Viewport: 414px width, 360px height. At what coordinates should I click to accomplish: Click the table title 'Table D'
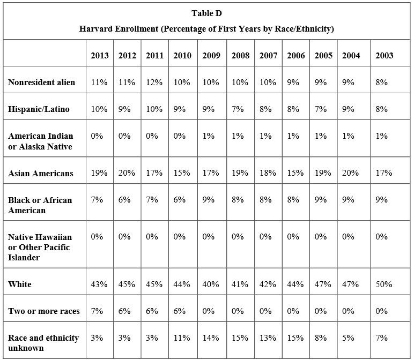pyautogui.click(x=206, y=13)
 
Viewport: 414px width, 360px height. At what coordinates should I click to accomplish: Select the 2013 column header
pyautogui.click(x=100, y=55)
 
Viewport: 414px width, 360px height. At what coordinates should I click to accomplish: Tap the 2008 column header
pyautogui.click(x=240, y=55)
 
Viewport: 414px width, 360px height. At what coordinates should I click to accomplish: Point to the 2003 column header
pyautogui.click(x=384, y=55)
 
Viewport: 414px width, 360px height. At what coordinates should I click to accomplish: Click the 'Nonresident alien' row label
pyautogui.click(x=41, y=82)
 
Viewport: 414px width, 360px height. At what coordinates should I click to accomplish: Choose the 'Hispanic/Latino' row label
pyautogui.click(x=39, y=109)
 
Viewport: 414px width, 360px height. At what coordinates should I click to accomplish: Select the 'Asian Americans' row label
pyautogui.click(x=40, y=173)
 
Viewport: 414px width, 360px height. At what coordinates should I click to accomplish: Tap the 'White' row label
pyautogui.click(x=19, y=284)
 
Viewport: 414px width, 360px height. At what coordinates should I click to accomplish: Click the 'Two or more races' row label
pyautogui.click(x=43, y=311)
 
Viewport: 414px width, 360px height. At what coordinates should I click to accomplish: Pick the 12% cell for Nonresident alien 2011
pyautogui.click(x=154, y=82)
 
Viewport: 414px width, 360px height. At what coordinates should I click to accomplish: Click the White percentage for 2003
pyautogui.click(x=383, y=284)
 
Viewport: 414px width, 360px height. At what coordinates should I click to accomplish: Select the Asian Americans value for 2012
pyautogui.click(x=127, y=173)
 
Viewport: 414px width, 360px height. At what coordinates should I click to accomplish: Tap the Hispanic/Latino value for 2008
pyautogui.click(x=238, y=109)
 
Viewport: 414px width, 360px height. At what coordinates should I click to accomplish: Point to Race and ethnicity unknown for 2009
pyautogui.click(x=210, y=338)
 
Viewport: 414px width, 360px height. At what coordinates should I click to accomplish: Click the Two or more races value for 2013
pyautogui.click(x=97, y=311)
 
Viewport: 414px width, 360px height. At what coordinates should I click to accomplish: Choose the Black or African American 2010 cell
pyautogui.click(x=179, y=200)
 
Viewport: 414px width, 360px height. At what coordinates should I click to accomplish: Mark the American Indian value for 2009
pyautogui.click(x=208, y=136)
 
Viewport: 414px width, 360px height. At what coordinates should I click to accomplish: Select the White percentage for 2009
pyautogui.click(x=210, y=284)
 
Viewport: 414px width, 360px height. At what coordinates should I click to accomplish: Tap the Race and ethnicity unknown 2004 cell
pyautogui.click(x=348, y=338)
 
